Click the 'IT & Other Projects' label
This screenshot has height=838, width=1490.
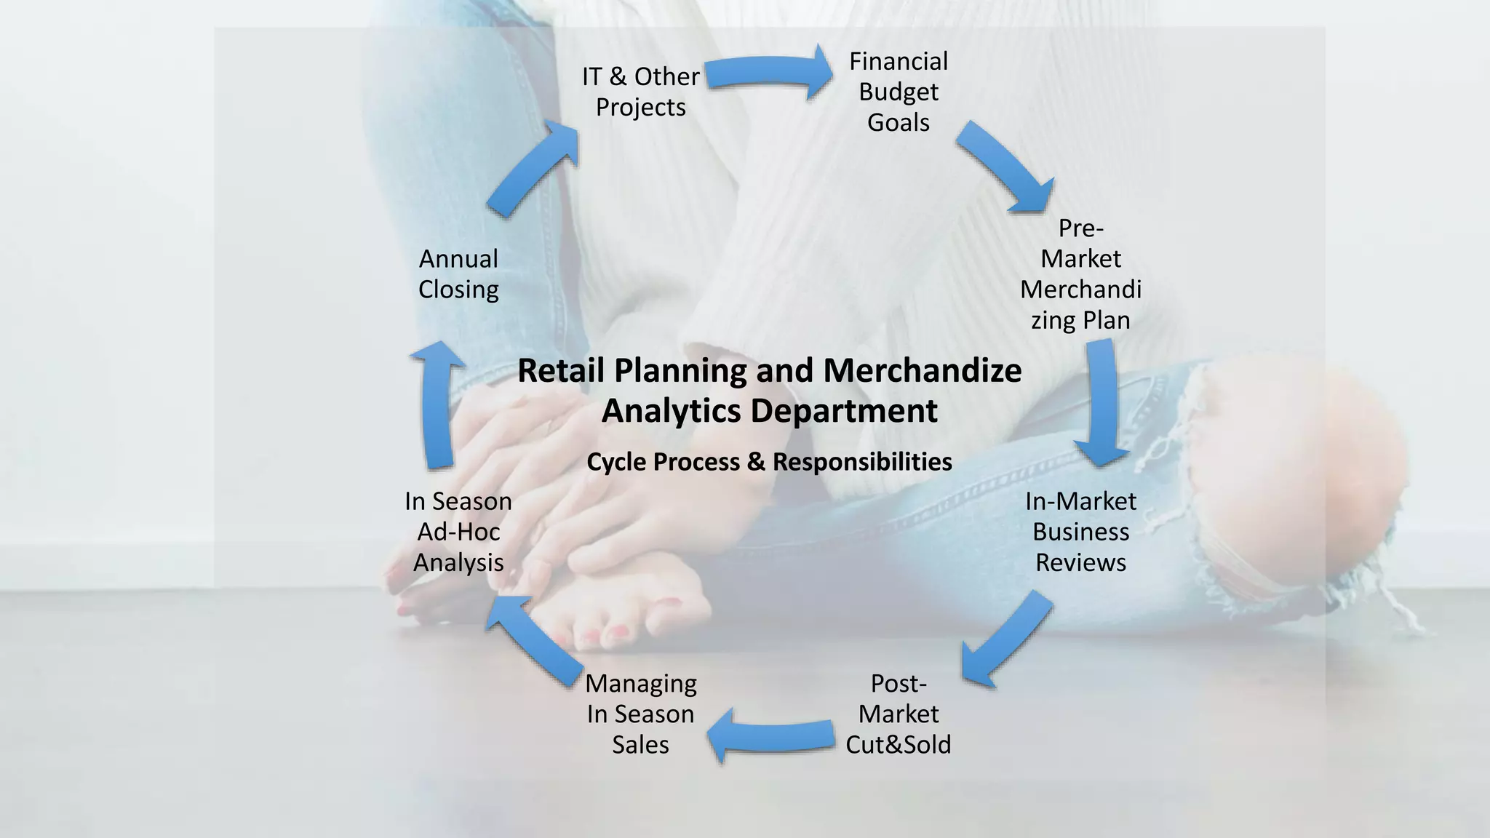pyautogui.click(x=640, y=92)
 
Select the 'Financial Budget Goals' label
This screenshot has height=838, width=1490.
pyautogui.click(x=899, y=92)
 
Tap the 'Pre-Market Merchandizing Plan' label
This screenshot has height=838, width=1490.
pyautogui.click(x=1080, y=274)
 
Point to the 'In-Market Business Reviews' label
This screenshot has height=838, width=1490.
pyautogui.click(x=1080, y=532)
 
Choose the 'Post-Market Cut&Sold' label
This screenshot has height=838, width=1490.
pyautogui.click(x=899, y=714)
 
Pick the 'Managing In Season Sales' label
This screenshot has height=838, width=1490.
pyautogui.click(x=640, y=714)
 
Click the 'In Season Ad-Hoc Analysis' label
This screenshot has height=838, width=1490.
pyautogui.click(x=458, y=532)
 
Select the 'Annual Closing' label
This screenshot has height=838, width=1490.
pyautogui.click(x=458, y=274)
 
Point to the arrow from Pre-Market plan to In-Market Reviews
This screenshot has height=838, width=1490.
pyautogui.click(x=1101, y=404)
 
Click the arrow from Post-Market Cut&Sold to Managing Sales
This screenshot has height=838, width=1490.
pyautogui.click(x=771, y=735)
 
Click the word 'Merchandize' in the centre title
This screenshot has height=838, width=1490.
pyautogui.click(x=922, y=371)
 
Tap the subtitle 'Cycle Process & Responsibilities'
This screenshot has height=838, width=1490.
pyautogui.click(x=769, y=462)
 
